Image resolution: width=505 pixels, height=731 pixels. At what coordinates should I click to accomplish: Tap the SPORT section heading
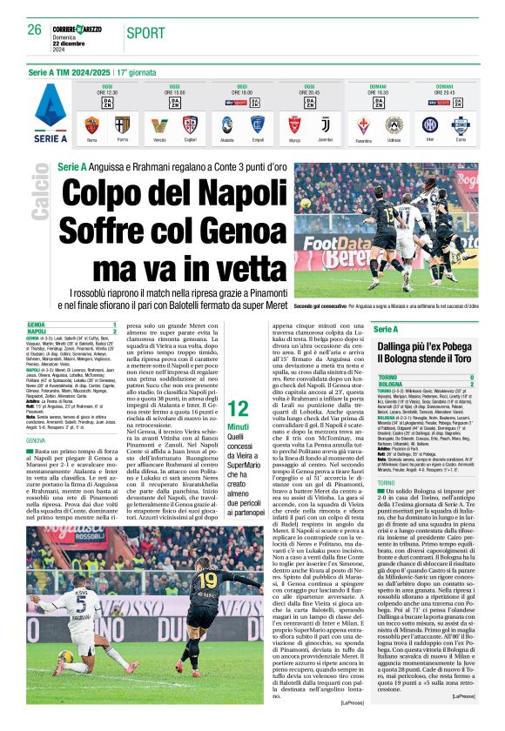[x=145, y=33]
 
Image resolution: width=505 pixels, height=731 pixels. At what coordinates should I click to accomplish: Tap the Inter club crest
[x=429, y=124]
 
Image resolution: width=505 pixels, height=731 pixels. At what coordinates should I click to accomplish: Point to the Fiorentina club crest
[x=364, y=124]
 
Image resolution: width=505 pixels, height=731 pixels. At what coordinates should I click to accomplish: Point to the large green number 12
[x=237, y=409]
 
